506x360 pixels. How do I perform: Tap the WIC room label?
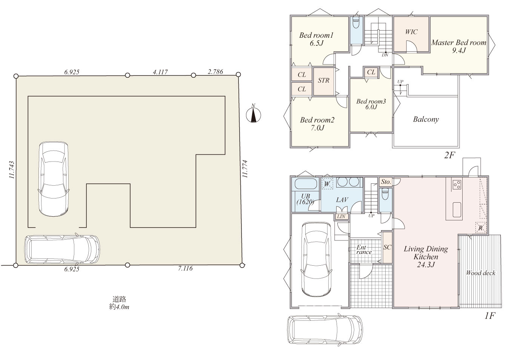411,32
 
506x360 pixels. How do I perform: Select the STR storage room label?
323,80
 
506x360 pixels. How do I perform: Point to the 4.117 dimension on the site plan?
160,72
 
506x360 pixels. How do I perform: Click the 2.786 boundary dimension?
215,72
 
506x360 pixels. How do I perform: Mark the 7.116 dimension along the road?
185,268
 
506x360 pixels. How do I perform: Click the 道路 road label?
119,299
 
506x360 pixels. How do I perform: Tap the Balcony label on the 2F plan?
426,119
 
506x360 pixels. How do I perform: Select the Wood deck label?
480,273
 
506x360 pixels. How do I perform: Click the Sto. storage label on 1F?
386,182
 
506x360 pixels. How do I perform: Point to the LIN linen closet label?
341,216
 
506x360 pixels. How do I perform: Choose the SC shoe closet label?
387,247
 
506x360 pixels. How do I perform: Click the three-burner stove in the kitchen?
457,184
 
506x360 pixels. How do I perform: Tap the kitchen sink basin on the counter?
457,210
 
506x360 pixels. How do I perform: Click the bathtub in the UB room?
305,185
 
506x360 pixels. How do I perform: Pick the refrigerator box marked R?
480,228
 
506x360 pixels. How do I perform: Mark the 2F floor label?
449,155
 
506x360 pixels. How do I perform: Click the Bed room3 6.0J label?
371,104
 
